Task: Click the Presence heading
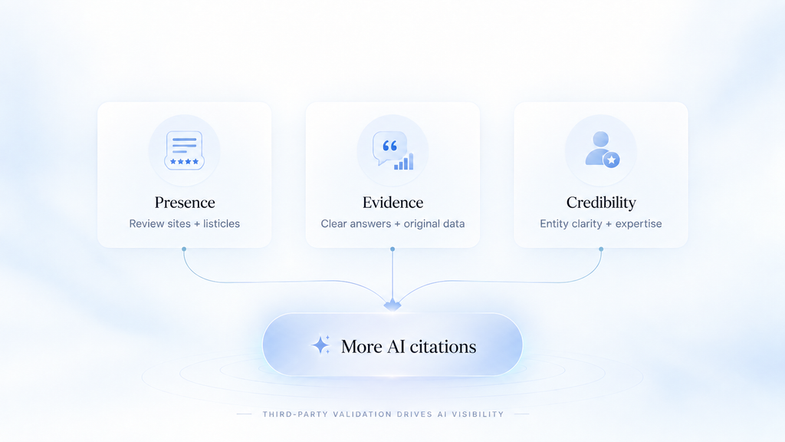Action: tap(185, 203)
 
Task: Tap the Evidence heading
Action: tap(393, 203)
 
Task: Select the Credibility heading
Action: tap(601, 203)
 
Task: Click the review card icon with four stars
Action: tap(184, 150)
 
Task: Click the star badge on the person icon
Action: tap(611, 160)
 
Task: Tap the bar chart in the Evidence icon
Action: tap(403, 161)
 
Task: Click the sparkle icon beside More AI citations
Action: tap(321, 345)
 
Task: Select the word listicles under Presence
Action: tap(222, 223)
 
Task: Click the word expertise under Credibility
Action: tap(639, 224)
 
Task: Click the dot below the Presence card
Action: tap(184, 249)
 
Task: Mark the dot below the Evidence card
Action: tap(392, 249)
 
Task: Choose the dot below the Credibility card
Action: tap(601, 249)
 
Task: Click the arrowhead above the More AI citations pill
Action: tap(392, 305)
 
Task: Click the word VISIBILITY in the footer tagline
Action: tap(478, 414)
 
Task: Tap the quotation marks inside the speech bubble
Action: tap(389, 146)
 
